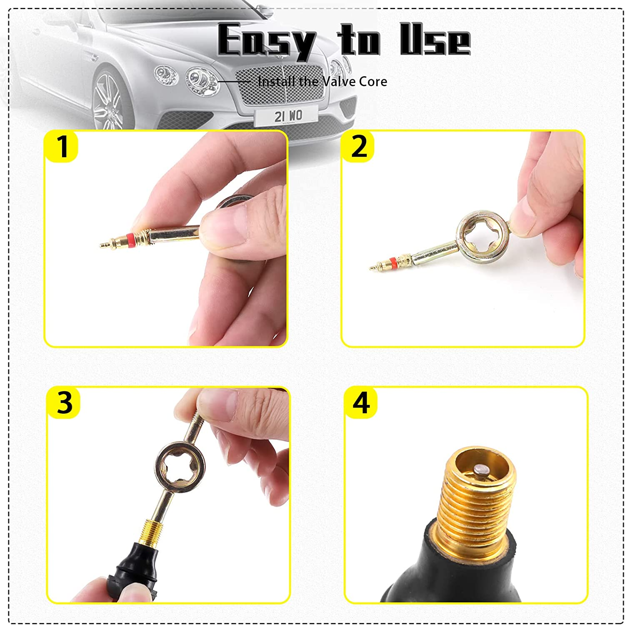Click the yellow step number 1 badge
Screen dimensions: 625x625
[x=62, y=146]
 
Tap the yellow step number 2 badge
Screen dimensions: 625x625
[x=358, y=146]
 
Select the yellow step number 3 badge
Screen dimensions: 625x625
[x=64, y=402]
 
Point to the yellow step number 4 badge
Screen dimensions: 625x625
[x=361, y=402]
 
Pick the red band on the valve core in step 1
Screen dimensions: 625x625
[x=130, y=239]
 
